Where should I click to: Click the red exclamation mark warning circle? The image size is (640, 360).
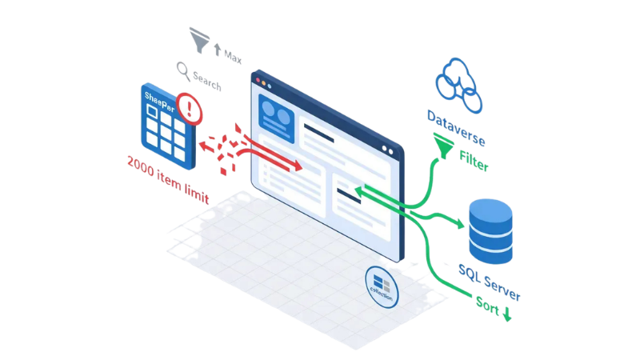click(190, 106)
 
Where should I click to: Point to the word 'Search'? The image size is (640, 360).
click(207, 81)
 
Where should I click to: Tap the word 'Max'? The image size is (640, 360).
click(233, 57)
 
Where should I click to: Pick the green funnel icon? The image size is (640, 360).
click(441, 145)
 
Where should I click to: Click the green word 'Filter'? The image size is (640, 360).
click(474, 161)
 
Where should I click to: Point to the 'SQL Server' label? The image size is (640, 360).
click(489, 281)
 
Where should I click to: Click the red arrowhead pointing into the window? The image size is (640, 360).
click(297, 166)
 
